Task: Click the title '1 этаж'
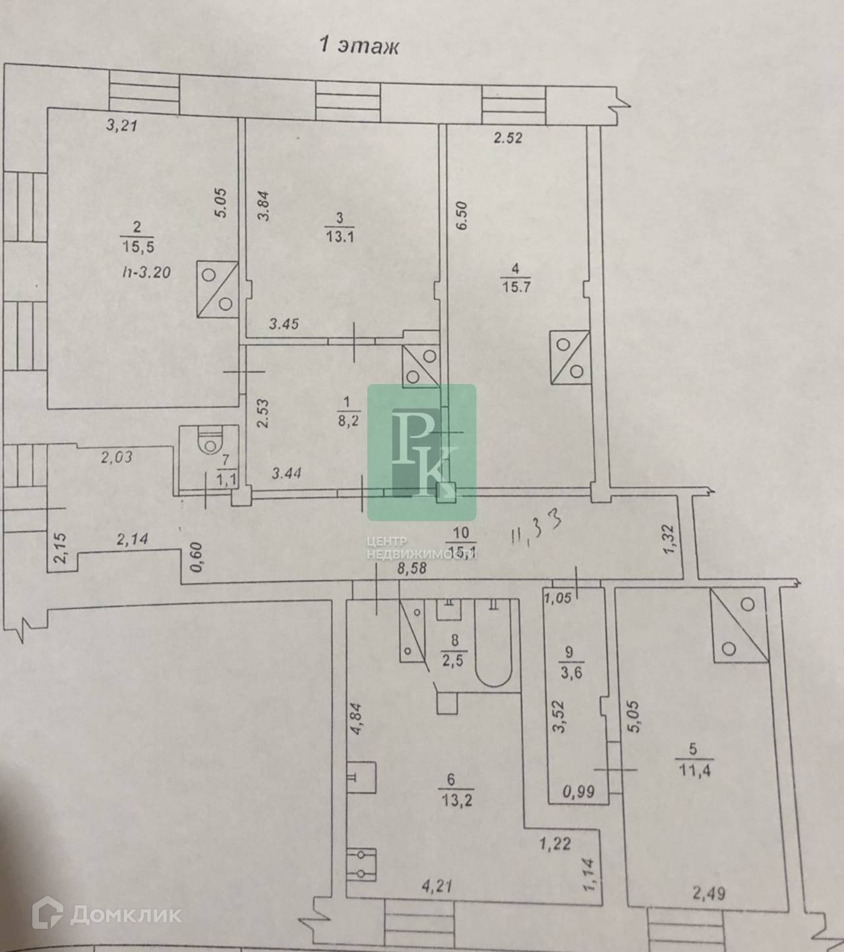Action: [359, 46]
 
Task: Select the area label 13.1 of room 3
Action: [340, 236]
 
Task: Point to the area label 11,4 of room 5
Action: [690, 769]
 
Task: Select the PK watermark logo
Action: [421, 452]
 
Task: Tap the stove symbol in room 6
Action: [362, 864]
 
